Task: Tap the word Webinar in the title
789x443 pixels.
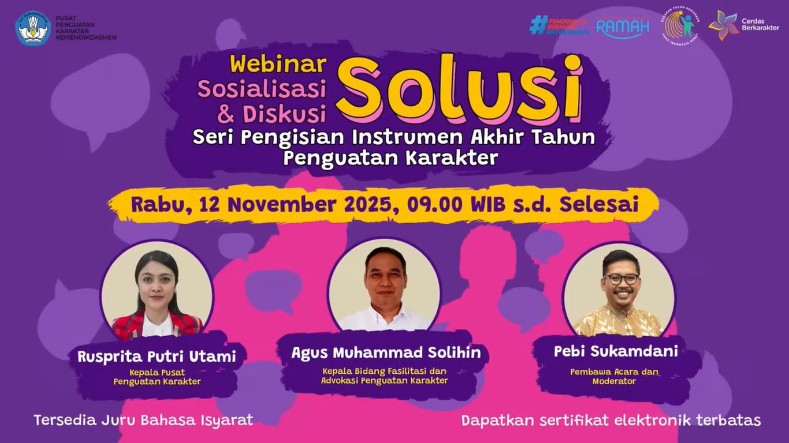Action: tap(278, 64)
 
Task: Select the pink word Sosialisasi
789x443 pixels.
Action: tap(262, 88)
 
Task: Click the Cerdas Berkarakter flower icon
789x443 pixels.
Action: tap(723, 25)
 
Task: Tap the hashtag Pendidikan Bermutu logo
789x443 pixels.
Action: tap(559, 25)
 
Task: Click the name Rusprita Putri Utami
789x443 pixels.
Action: tap(157, 356)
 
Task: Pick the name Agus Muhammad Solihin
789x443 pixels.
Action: tap(386, 352)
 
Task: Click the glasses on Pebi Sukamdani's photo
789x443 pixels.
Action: tap(621, 279)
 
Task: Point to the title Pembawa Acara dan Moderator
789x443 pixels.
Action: tap(614, 377)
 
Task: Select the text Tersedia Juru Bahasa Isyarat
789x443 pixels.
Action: tap(143, 420)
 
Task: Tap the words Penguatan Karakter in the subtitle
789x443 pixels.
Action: tap(390, 157)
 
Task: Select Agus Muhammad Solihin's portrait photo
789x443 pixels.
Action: tap(385, 286)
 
